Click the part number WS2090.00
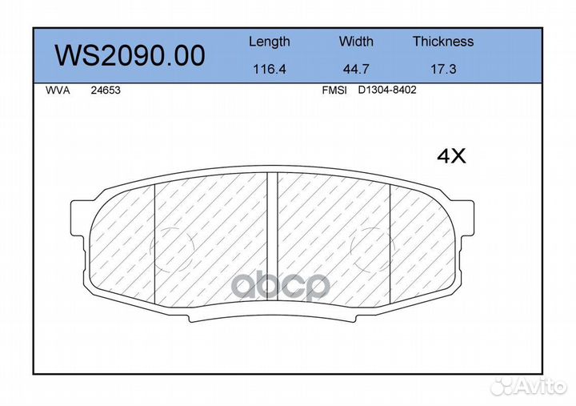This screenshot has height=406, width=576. click(x=130, y=55)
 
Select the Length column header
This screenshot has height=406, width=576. click(x=270, y=42)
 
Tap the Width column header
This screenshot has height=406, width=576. click(x=356, y=41)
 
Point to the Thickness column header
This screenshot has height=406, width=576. click(x=443, y=41)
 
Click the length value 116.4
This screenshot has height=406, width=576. click(x=270, y=69)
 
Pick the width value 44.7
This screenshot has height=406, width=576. click(x=356, y=69)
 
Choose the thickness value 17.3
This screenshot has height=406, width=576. click(x=443, y=69)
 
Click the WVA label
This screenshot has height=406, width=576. click(x=58, y=90)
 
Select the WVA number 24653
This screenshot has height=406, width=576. click(x=106, y=90)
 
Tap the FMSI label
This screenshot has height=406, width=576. click(x=334, y=90)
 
